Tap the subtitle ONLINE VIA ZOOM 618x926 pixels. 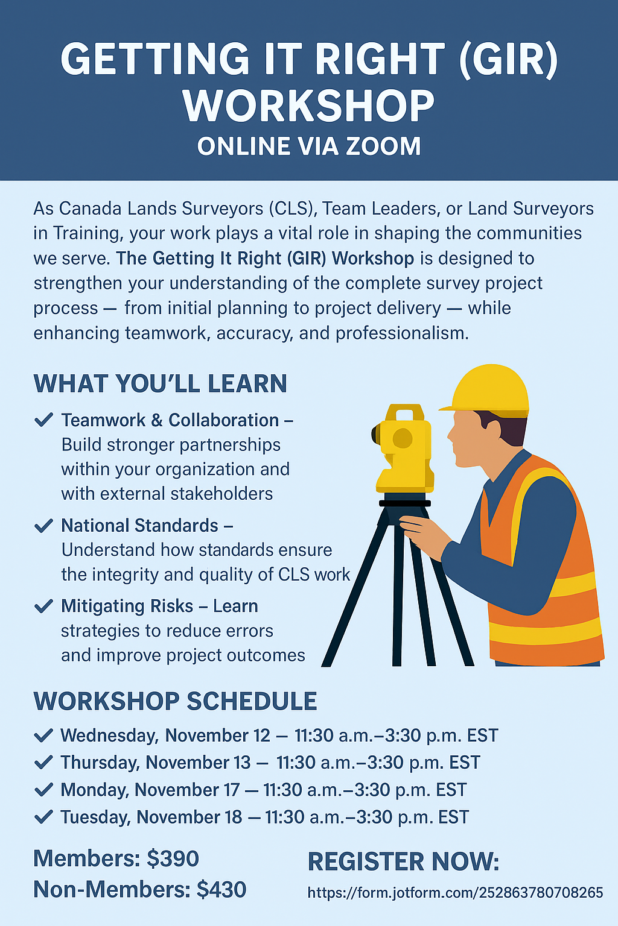click(x=309, y=146)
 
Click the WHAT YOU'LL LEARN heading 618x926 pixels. click(x=160, y=383)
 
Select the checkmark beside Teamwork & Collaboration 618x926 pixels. click(x=43, y=420)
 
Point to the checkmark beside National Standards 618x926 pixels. click(x=43, y=526)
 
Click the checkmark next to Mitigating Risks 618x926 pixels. click(x=43, y=606)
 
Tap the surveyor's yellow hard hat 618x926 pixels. click(x=486, y=389)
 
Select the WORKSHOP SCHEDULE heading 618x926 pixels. click(x=175, y=701)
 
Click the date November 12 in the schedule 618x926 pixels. click(x=217, y=735)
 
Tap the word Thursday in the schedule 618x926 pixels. click(x=100, y=763)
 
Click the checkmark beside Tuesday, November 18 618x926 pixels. click(x=43, y=816)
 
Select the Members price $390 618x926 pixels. click(x=173, y=858)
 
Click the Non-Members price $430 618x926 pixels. click(x=221, y=889)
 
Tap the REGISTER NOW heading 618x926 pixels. click(x=404, y=862)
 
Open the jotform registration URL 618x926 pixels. click(x=455, y=893)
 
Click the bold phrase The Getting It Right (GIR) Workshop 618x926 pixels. click(x=265, y=259)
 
